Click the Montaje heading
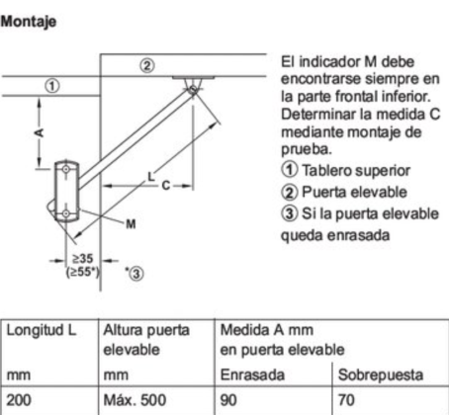click(x=29, y=22)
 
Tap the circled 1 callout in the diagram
click(x=52, y=86)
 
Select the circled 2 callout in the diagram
click(x=147, y=65)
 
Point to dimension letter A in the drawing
click(x=40, y=132)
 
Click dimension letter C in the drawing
click(x=166, y=186)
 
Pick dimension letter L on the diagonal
click(x=151, y=177)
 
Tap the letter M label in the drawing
click(x=131, y=224)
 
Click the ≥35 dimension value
click(x=82, y=259)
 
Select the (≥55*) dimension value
click(x=83, y=272)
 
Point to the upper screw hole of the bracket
click(x=66, y=169)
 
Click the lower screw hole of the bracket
click(x=66, y=213)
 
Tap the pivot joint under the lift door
click(x=193, y=89)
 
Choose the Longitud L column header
click(x=42, y=330)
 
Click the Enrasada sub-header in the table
click(x=252, y=374)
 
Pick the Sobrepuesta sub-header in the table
click(x=381, y=374)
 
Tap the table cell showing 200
click(x=19, y=400)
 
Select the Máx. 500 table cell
click(x=135, y=400)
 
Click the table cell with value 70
click(x=346, y=400)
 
